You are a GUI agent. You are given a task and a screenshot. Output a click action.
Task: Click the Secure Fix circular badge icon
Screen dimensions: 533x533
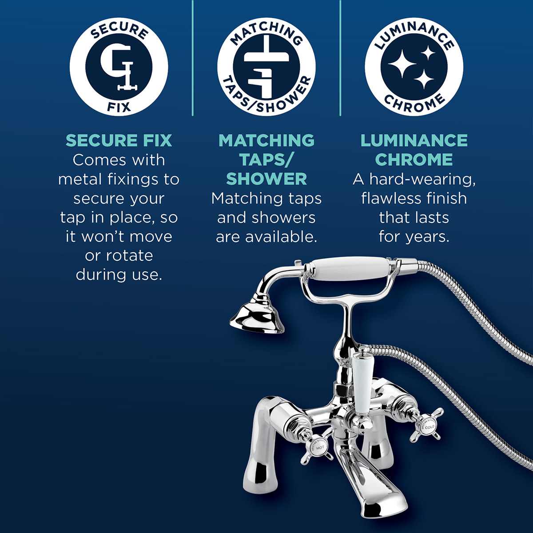click(x=119, y=66)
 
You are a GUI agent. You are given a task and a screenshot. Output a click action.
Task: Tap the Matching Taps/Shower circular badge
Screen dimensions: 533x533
click(x=266, y=66)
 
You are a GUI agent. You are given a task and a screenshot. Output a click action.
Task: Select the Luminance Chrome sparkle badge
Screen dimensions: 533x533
click(x=414, y=66)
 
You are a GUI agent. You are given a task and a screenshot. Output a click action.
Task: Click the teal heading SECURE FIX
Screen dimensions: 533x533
click(x=119, y=140)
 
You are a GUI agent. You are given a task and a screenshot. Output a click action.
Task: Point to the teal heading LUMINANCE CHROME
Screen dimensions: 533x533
click(x=414, y=150)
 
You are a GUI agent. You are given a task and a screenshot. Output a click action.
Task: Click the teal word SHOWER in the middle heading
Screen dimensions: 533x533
click(x=266, y=179)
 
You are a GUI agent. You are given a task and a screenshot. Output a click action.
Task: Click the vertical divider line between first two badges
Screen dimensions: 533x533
click(x=192, y=58)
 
